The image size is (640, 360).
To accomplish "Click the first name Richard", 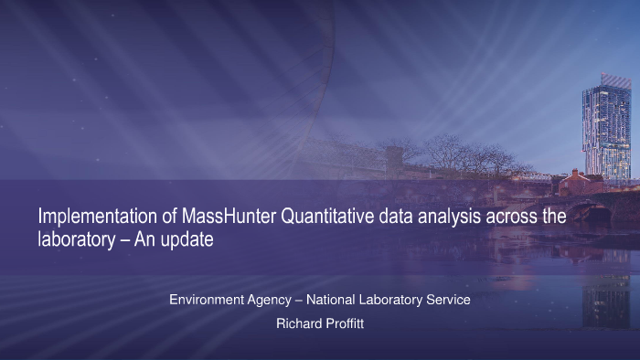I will tap(299, 323).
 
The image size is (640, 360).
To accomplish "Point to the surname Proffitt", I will tap(345, 323).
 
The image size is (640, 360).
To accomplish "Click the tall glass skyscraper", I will tap(607, 128).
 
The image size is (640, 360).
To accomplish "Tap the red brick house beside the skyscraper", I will tap(575, 182).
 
